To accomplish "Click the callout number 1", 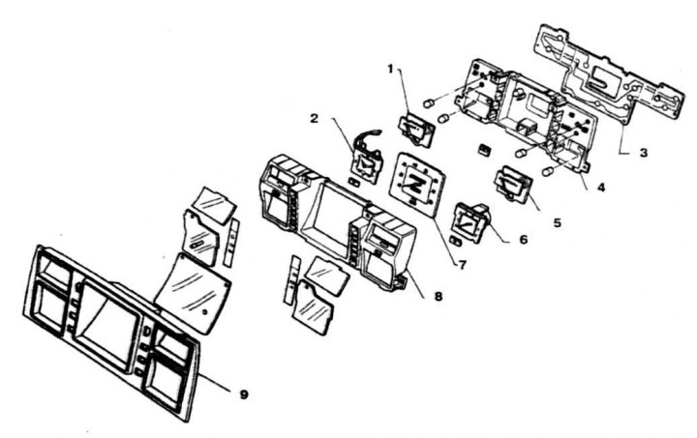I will coord(390,70).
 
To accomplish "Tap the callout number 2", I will coord(315,117).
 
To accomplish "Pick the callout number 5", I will coord(557,221).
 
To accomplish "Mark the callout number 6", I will coord(524,238).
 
